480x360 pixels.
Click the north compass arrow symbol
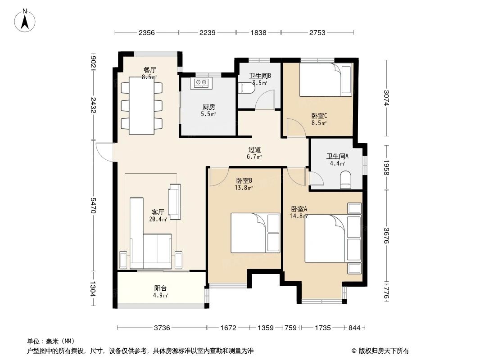(26, 20)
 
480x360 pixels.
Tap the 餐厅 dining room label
(149, 70)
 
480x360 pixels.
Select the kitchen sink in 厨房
(202, 82)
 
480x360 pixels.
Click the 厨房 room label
(208, 107)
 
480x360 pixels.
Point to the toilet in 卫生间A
(345, 180)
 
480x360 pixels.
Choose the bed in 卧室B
(255, 233)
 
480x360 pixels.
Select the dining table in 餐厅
(142, 105)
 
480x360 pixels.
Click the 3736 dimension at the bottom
(162, 328)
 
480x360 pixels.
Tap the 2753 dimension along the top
(317, 32)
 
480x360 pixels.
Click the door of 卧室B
(218, 176)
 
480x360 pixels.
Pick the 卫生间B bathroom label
(259, 76)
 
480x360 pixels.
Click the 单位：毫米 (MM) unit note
(51, 341)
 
